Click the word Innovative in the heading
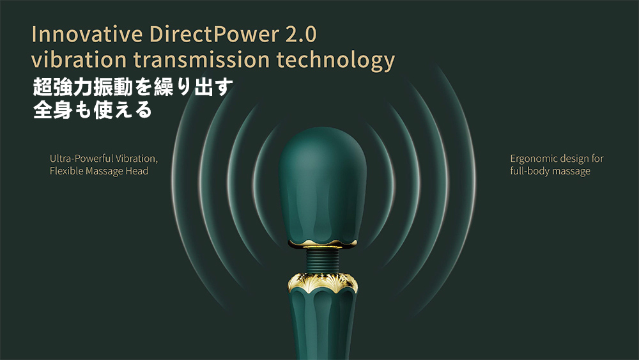coord(87,34)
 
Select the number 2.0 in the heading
coord(301,35)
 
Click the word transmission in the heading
coord(202,59)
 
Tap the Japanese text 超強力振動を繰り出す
coord(134,87)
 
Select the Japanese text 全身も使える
coord(93,110)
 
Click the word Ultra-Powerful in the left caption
coord(82,159)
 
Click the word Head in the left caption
coord(137,171)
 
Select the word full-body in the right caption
coord(528,171)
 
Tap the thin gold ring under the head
coord(323,244)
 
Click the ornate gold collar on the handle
coord(323,282)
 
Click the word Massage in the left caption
coord(103,171)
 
